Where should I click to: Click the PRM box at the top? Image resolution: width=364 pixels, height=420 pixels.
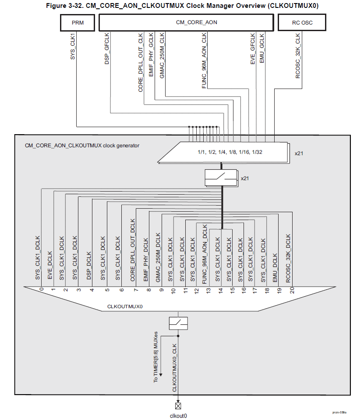coord(78,22)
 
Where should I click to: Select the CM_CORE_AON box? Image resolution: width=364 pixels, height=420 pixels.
coord(187,22)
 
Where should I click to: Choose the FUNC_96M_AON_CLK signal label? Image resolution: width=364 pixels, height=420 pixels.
coord(204,62)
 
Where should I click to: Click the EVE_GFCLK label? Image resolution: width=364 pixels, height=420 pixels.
coord(253,50)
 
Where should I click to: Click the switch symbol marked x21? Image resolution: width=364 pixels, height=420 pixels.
coord(221,177)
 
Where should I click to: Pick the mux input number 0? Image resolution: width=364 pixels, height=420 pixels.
coord(41,289)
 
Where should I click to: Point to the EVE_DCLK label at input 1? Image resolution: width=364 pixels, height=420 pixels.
coord(50,266)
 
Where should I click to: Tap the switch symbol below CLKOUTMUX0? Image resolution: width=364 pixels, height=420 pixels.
coord(178,323)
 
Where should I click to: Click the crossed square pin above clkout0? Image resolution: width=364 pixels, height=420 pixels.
coord(178,405)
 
